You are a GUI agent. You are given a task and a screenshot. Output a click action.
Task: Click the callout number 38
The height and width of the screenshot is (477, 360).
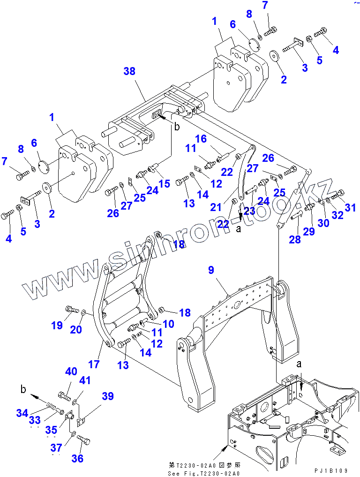coord(129,71)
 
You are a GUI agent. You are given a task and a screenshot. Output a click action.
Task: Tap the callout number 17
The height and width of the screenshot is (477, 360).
coord(94,363)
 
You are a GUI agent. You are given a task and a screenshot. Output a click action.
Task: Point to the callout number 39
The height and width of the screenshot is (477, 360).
coord(108,396)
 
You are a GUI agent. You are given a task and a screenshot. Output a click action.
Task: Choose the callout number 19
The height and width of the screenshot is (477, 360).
coord(57,325)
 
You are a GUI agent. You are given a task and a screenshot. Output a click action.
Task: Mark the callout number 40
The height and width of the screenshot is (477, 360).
coord(71,371)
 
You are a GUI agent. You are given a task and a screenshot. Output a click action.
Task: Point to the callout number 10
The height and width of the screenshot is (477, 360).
coord(168,324)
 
